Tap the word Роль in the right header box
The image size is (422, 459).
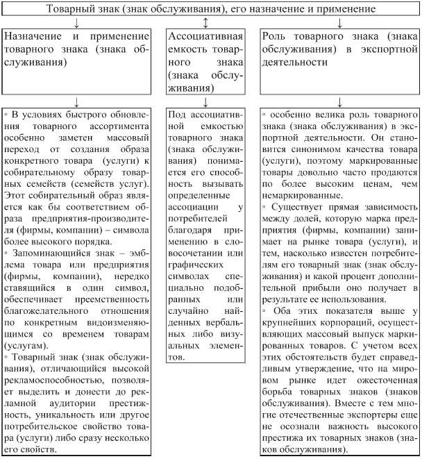[x=278, y=36]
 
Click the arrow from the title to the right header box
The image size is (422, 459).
[x=339, y=23]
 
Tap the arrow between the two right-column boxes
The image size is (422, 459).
[x=339, y=101]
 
